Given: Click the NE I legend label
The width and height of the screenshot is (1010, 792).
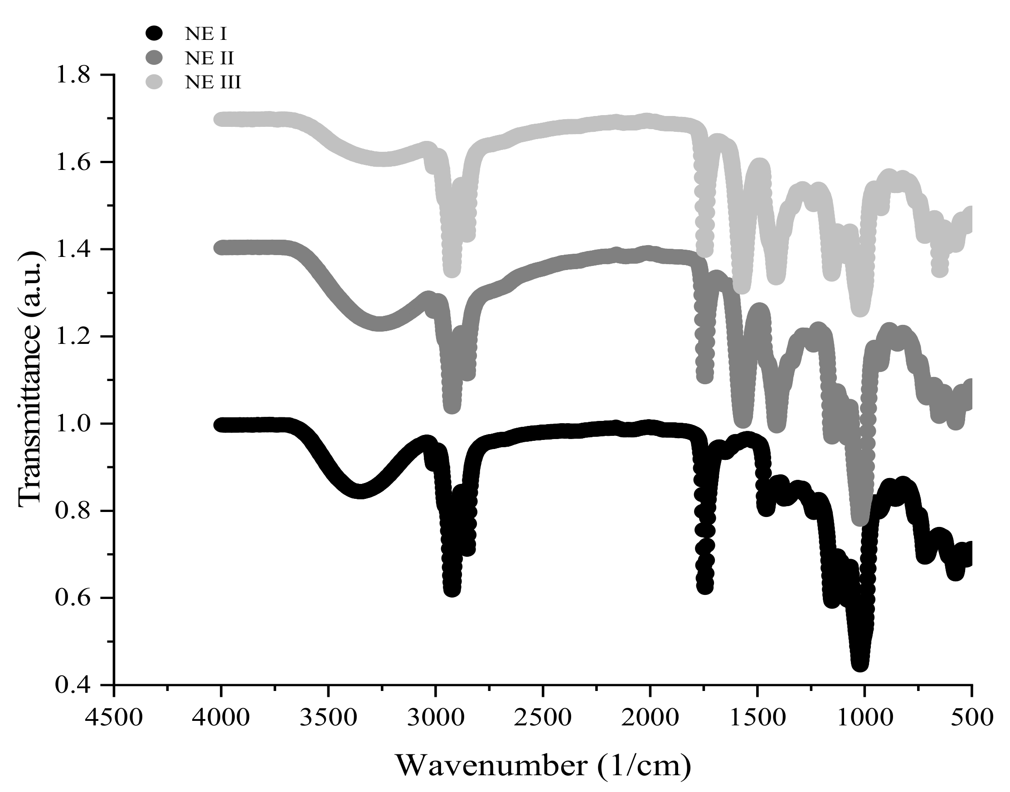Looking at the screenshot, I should click(x=206, y=34).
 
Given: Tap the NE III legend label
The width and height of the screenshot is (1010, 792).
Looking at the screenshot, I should click(x=213, y=82).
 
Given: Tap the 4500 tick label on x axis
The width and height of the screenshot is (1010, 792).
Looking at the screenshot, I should click(x=114, y=717).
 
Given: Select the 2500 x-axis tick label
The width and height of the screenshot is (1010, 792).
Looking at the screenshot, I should click(x=543, y=717).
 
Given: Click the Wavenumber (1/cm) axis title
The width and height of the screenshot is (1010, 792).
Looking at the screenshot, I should click(x=543, y=766).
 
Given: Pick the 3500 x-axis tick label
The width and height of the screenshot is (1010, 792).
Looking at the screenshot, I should click(x=329, y=717).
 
